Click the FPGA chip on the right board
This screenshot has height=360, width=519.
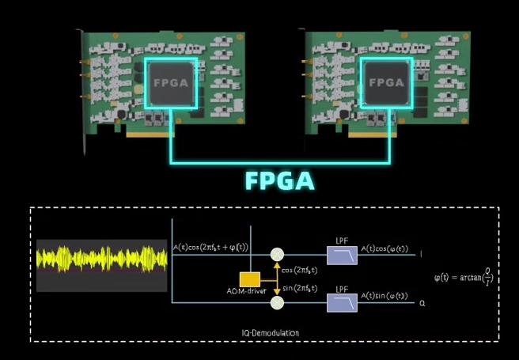pyautogui.click(x=388, y=82)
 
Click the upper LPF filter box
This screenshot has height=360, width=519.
pyautogui.click(x=342, y=254)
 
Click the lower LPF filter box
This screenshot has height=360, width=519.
pyautogui.click(x=342, y=301)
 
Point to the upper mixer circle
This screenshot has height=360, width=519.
pyautogui.click(x=276, y=254)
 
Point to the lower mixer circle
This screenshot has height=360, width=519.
pyautogui.click(x=276, y=302)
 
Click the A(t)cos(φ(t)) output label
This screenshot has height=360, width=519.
pyautogui.click(x=385, y=250)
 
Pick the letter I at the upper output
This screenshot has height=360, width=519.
pyautogui.click(x=420, y=255)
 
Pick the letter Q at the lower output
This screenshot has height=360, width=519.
pyautogui.click(x=421, y=302)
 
